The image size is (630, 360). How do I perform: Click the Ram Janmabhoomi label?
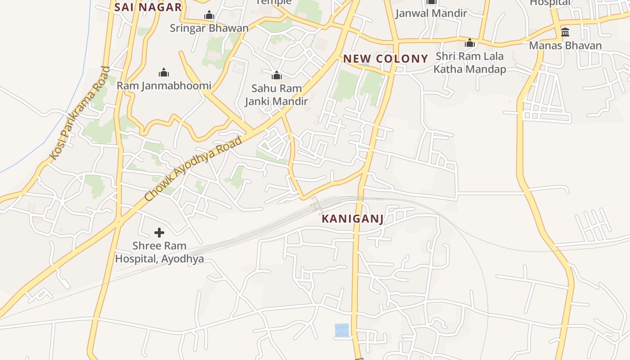tap(164, 85)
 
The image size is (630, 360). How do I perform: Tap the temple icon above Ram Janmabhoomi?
tap(164, 72)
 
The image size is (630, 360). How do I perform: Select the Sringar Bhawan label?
tap(209, 28)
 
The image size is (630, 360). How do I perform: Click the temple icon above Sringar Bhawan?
tap(209, 16)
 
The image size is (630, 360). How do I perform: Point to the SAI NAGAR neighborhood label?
tap(148, 7)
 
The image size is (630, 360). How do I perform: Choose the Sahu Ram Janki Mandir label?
tap(276, 95)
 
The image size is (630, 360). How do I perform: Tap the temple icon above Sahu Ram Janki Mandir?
tap(276, 75)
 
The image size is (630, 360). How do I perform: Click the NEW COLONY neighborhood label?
tap(385, 58)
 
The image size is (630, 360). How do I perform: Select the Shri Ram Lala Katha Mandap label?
tap(469, 63)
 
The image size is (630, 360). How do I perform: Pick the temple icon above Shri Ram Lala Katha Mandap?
tap(470, 43)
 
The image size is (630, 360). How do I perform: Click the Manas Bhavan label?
tap(565, 45)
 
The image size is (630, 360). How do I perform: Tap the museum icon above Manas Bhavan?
tap(565, 32)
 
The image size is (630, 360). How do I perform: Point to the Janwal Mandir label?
tap(431, 13)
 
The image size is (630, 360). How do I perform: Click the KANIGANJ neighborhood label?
tap(353, 219)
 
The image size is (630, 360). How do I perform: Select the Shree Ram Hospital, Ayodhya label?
tap(159, 252)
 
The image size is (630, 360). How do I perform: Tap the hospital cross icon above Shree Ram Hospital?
tap(159, 233)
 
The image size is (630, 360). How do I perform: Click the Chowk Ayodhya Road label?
tap(193, 168)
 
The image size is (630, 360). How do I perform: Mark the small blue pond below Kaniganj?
tap(342, 330)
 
